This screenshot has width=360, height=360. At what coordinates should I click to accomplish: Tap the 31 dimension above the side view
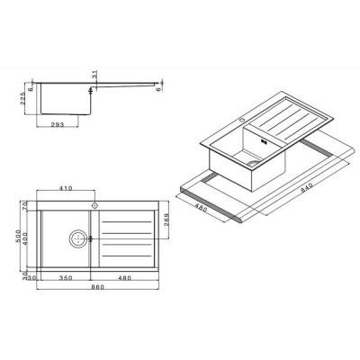coord(92,74)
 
